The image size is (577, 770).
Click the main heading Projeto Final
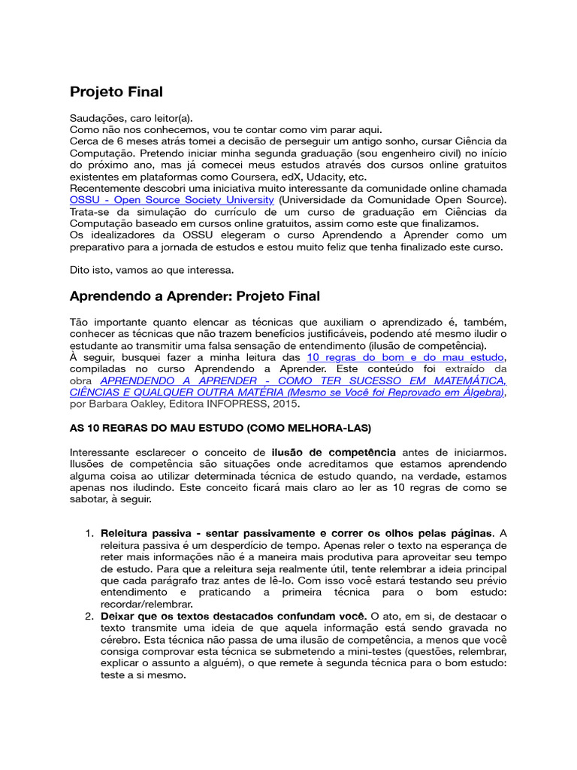[x=116, y=92]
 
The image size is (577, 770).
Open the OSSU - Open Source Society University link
[x=172, y=199]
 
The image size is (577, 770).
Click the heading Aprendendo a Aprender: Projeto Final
[x=195, y=296]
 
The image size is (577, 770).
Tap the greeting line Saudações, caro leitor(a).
[x=131, y=117]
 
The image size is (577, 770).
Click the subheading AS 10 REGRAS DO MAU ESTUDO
[x=220, y=428]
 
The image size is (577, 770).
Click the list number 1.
[x=89, y=533]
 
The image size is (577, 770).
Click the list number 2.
[x=89, y=616]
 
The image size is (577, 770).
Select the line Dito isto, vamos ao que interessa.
[x=152, y=269]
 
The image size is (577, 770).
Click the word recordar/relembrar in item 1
[x=147, y=604]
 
